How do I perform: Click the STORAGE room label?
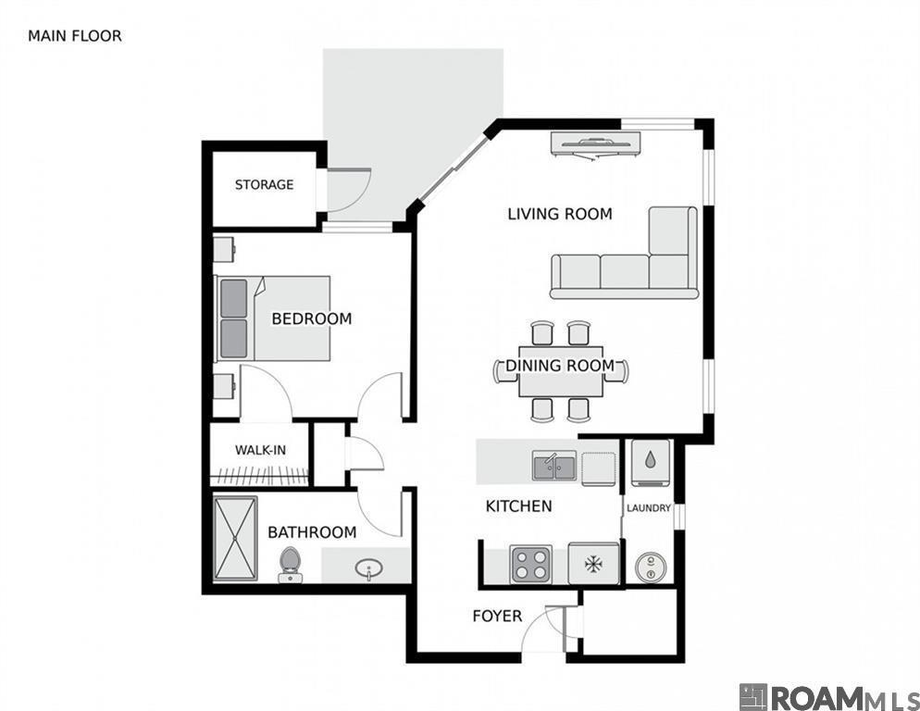coord(264,185)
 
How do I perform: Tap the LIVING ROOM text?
coord(559,214)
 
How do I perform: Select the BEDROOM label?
coord(311,318)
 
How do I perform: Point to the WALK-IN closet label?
coord(260,450)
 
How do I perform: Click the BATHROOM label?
coord(312,532)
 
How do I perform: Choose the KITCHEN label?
coord(518,506)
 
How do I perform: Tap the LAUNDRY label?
coord(648,508)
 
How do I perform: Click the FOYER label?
coord(497,616)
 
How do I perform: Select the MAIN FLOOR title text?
coord(75,36)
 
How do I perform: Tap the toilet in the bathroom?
coord(291,564)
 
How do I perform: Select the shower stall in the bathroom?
coord(235,540)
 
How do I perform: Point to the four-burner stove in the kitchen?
coord(531,564)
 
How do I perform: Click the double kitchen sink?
coord(553,466)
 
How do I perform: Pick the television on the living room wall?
coord(594,143)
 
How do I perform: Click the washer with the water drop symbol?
coord(652,460)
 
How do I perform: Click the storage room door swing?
coord(348,190)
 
